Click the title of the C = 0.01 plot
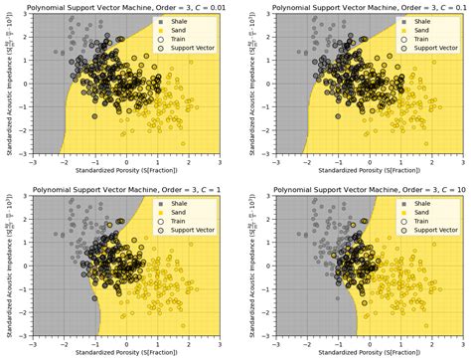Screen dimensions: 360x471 [x=125, y=8]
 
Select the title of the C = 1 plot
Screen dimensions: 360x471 [x=125, y=188]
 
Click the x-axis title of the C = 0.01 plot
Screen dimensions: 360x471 [x=125, y=169]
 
